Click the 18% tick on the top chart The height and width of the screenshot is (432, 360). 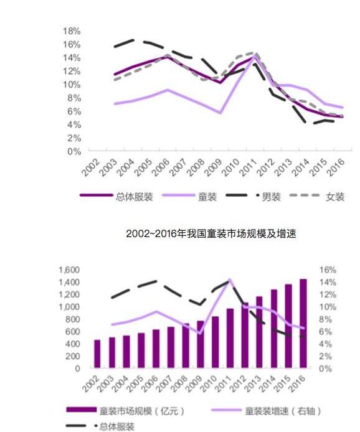(72, 31)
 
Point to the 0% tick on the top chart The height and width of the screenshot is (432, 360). (74, 151)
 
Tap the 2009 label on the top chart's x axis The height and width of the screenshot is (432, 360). (214, 167)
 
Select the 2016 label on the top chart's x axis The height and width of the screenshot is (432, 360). (336, 167)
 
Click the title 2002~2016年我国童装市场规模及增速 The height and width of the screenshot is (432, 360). (211, 233)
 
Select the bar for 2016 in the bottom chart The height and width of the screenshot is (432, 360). (303, 324)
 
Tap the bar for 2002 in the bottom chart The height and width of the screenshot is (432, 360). (97, 354)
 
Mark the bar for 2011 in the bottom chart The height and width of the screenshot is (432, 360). (230, 339)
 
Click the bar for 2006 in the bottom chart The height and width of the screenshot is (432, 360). (156, 349)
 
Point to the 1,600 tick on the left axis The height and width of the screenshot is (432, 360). (69, 270)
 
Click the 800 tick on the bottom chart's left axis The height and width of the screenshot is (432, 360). (72, 319)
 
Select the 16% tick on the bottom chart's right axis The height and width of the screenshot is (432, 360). (328, 270)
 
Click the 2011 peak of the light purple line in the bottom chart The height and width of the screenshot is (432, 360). (230, 279)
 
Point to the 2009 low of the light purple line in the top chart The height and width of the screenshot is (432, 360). (220, 113)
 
